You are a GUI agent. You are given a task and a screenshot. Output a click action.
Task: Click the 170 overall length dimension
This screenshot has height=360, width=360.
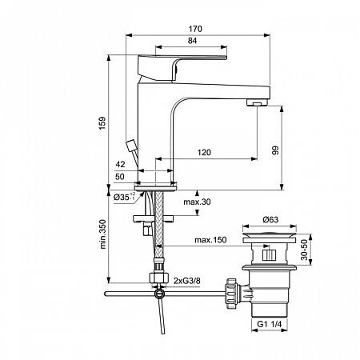click(196, 30)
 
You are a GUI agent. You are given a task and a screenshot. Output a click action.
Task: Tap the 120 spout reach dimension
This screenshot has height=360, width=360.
click(205, 151)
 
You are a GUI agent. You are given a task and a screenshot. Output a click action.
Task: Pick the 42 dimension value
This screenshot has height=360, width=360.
click(121, 165)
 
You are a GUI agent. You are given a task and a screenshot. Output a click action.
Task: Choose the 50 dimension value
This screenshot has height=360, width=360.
click(121, 176)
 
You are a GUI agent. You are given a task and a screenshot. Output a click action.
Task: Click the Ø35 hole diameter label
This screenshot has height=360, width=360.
click(122, 195)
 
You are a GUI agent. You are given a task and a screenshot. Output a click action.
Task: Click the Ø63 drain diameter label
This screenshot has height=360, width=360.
click(273, 218)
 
